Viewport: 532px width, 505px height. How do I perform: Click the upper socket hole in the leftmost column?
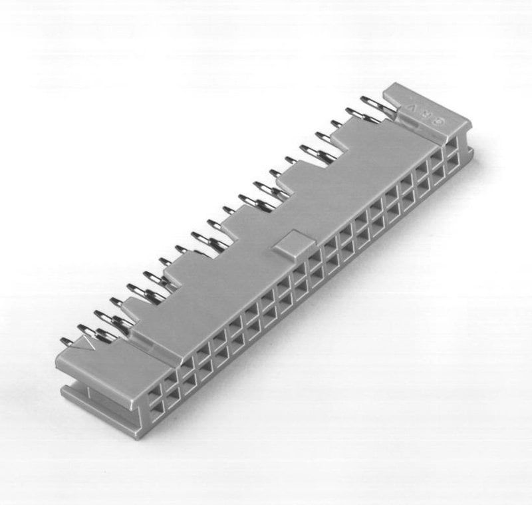(155, 385)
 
